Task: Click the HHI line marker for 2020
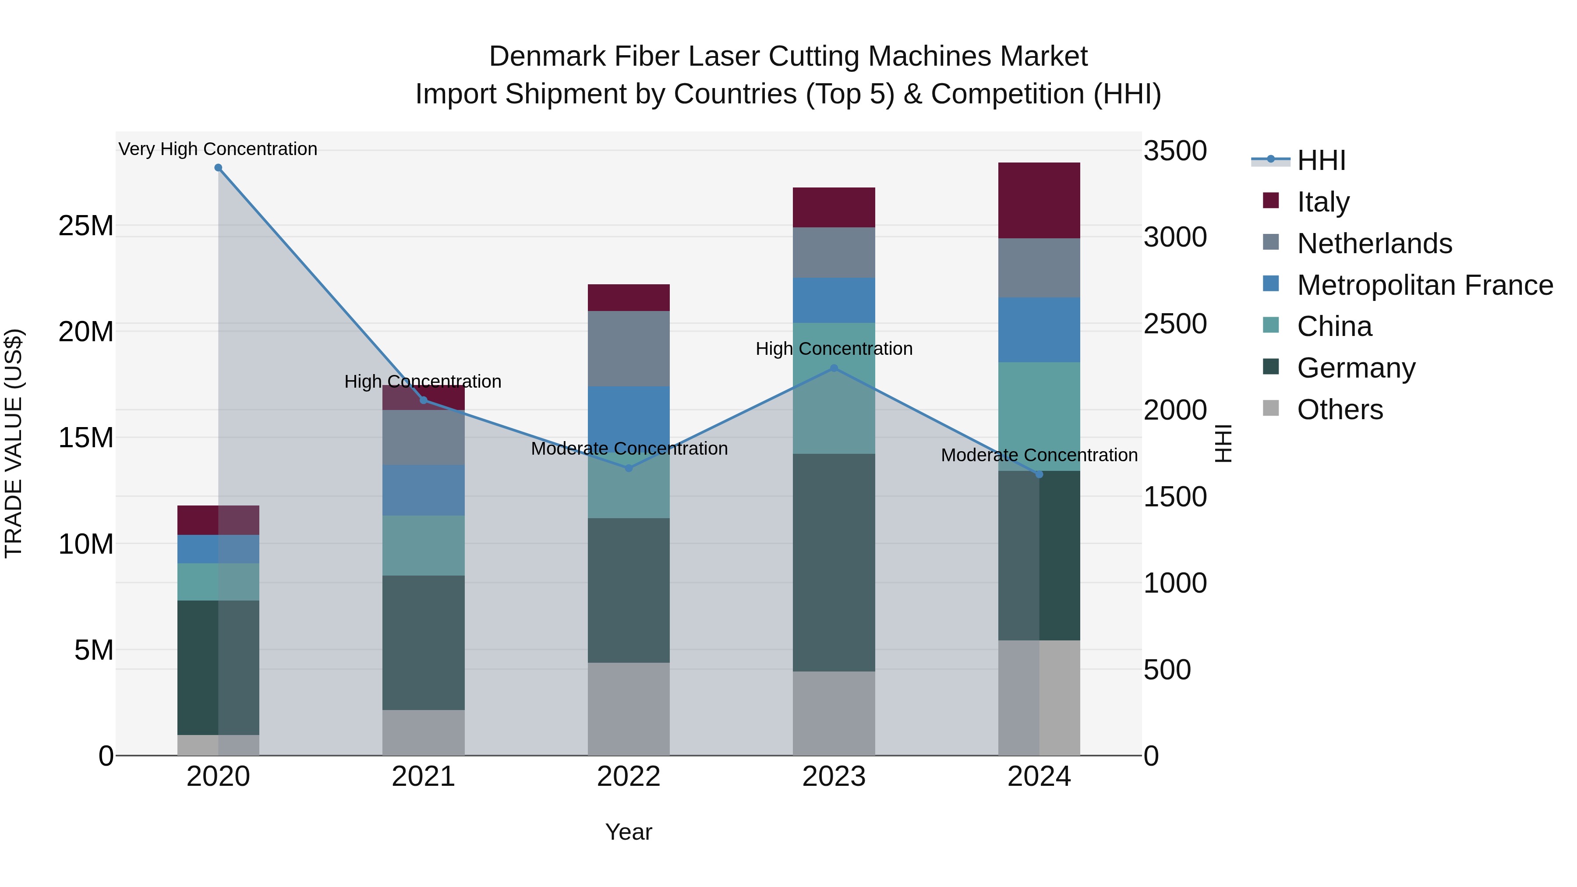pos(218,168)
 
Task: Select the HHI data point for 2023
pos(834,368)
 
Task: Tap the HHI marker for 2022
pos(628,468)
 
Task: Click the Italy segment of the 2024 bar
pos(1039,201)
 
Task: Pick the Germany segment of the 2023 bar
pos(834,562)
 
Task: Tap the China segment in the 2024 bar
pos(1039,416)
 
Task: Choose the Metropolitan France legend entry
pos(1424,285)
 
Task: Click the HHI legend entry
pos(1321,160)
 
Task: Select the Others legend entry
pos(1340,410)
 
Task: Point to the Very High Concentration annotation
pos(218,149)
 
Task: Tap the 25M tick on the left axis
pos(86,226)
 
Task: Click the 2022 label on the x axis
pos(628,777)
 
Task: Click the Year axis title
pos(628,832)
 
